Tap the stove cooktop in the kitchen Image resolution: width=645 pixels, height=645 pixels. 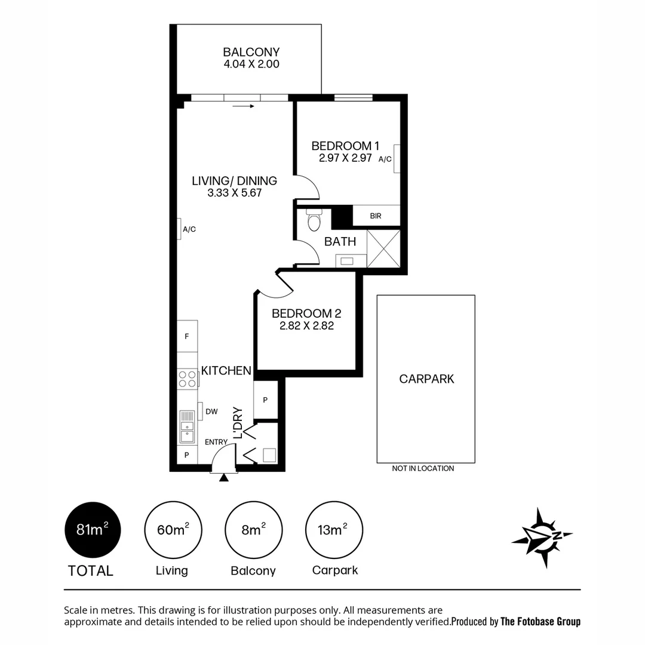click(188, 379)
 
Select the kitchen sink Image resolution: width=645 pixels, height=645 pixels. click(187, 426)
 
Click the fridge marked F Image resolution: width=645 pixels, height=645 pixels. click(187, 336)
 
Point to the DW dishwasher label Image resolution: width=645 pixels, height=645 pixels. click(211, 411)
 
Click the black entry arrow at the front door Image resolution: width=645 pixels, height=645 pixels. click(224, 477)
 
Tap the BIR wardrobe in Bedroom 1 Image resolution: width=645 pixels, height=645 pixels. click(376, 216)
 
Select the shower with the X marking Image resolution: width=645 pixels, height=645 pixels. click(383, 248)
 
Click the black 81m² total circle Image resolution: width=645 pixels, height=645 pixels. click(93, 530)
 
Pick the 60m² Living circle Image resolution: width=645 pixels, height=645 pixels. click(173, 530)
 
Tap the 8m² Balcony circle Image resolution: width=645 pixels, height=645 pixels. click(253, 530)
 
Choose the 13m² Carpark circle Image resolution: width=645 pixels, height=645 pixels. click(334, 530)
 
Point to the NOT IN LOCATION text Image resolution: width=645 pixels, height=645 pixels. click(423, 469)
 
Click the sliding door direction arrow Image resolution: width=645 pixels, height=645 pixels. click(244, 106)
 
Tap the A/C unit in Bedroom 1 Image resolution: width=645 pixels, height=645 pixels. click(396, 159)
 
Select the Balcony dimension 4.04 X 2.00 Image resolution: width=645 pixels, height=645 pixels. click(251, 64)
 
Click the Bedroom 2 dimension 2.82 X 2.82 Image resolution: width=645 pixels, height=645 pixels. click(306, 326)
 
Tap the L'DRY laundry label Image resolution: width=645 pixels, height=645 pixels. click(238, 423)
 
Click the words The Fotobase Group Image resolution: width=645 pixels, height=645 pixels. click(540, 622)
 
